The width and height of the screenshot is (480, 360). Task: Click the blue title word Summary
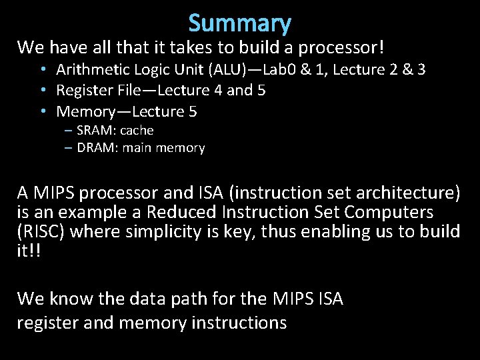click(x=240, y=23)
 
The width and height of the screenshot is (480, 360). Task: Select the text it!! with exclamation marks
click(x=29, y=250)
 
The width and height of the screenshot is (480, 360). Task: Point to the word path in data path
click(x=197, y=299)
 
